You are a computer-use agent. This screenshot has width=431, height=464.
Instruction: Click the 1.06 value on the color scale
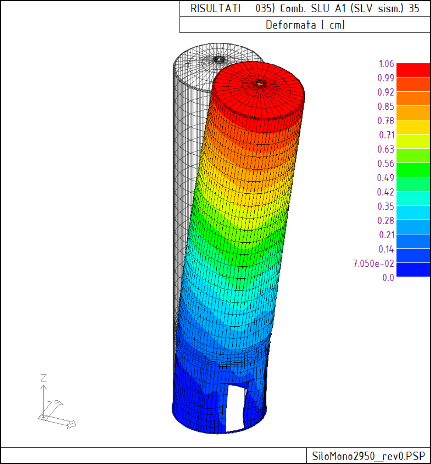coord(386,64)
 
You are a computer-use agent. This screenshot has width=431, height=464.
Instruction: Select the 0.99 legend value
coord(386,78)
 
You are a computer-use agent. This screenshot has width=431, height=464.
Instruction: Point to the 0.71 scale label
coord(386,135)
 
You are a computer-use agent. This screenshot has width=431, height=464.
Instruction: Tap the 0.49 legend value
coord(385,178)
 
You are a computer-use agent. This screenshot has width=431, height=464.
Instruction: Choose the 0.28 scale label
coord(386,221)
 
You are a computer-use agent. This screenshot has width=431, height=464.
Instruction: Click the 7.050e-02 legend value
coord(373,264)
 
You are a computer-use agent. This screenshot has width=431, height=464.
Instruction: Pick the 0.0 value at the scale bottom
coord(388,278)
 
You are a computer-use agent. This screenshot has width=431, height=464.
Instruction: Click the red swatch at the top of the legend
coord(413,70)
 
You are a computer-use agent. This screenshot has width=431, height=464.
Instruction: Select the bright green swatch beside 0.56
coord(413,170)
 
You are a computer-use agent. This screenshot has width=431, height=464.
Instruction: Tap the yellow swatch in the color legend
coord(413,127)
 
